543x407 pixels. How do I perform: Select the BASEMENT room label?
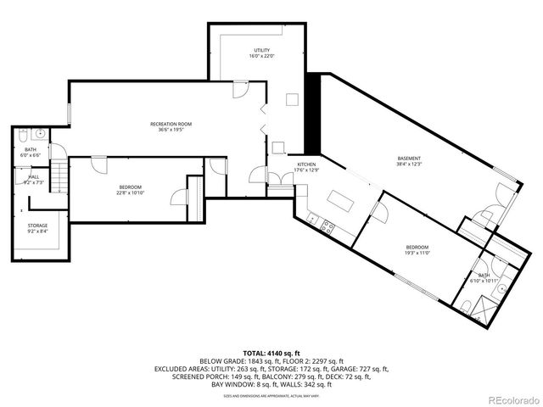409,159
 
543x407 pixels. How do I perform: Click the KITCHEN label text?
306,164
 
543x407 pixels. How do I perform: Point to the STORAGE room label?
37,225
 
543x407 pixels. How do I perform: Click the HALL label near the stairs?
33,176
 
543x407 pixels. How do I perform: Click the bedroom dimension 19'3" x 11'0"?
418,252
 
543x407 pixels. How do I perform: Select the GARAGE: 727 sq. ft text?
361,369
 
